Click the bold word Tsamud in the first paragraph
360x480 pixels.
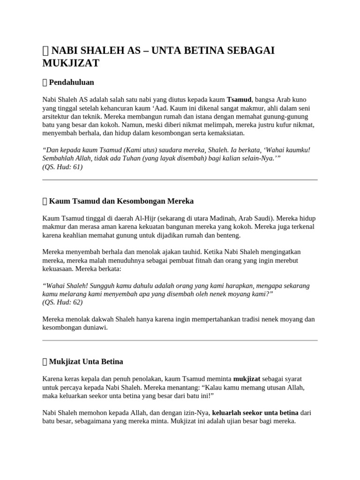[x=239, y=100]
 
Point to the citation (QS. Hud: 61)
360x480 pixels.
[x=62, y=167]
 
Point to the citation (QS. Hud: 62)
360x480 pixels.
[x=62, y=302]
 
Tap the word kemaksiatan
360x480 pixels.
[x=222, y=134]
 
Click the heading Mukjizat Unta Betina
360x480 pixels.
[x=86, y=362]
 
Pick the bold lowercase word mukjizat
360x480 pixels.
[x=247, y=379]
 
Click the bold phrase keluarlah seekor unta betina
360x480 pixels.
[x=255, y=412]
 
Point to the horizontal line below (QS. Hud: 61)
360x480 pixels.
[x=180, y=180]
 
